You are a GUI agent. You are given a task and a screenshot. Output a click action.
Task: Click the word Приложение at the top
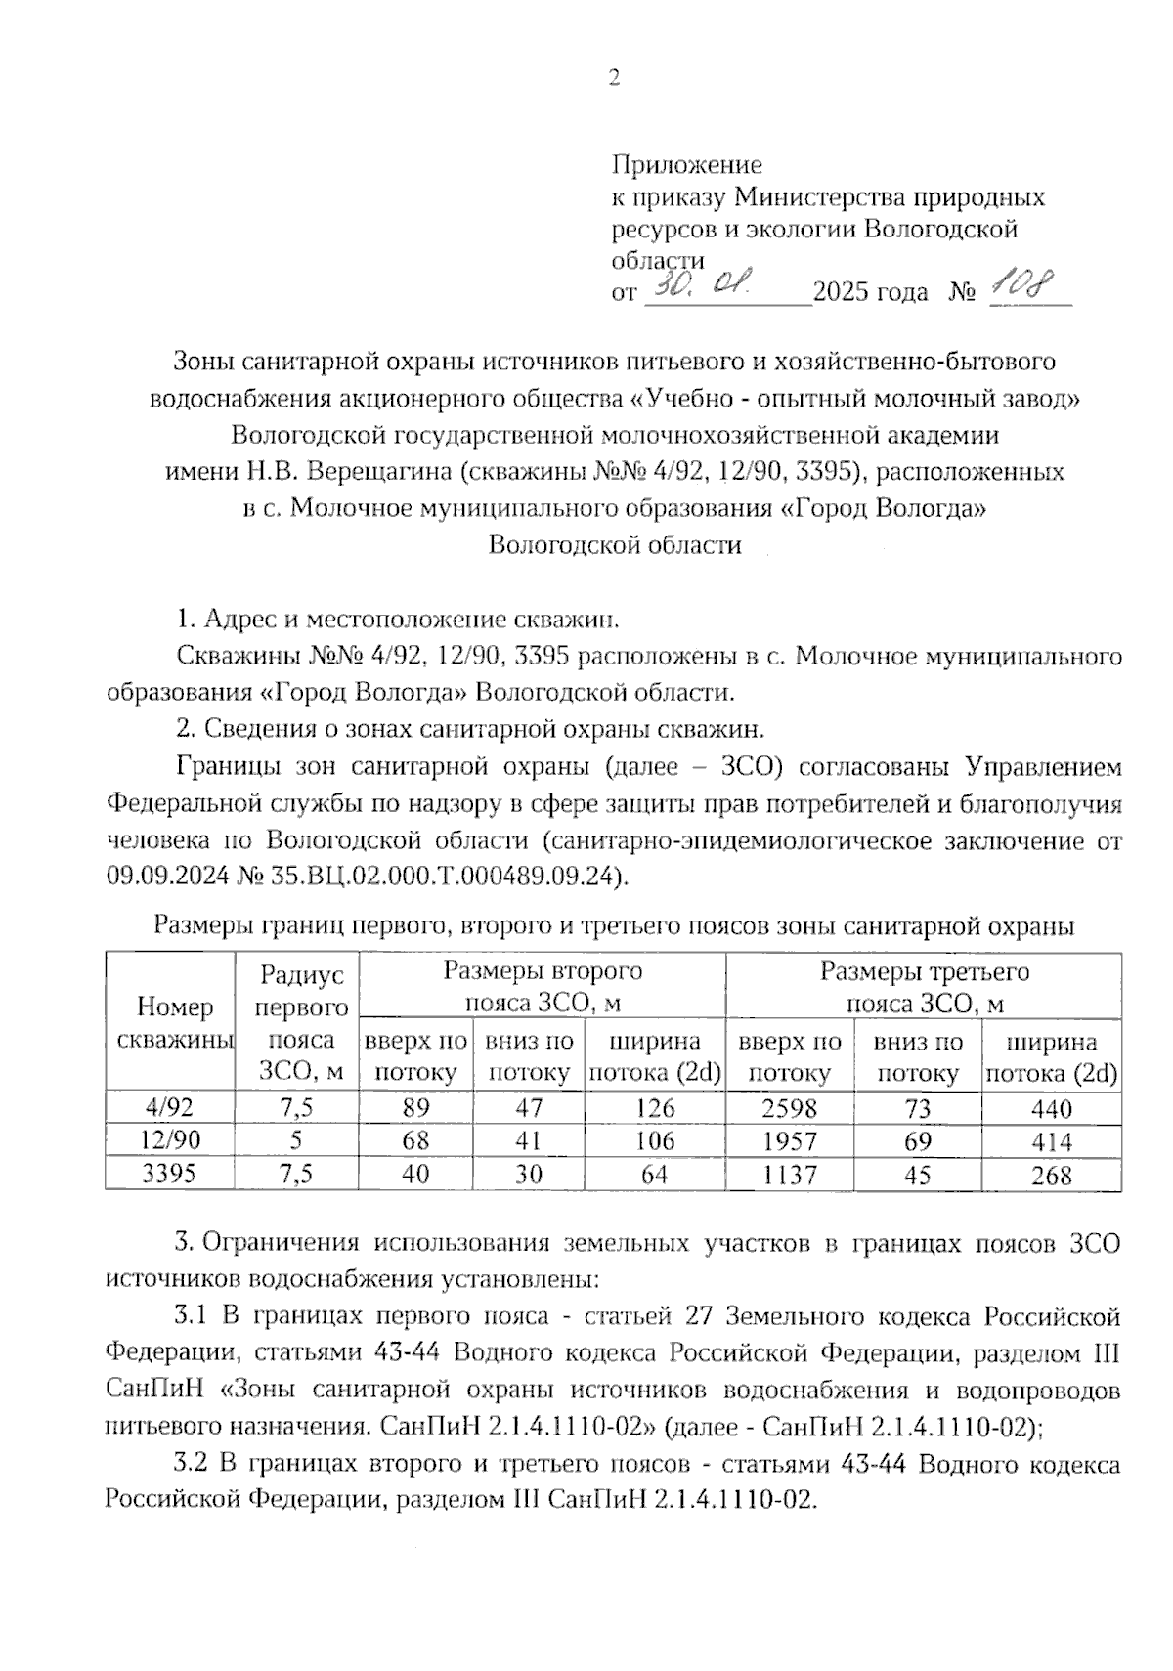pyautogui.click(x=686, y=164)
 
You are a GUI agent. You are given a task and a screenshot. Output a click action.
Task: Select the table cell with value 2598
pyautogui.click(x=789, y=1108)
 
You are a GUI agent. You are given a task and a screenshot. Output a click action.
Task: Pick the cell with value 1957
pyautogui.click(x=789, y=1141)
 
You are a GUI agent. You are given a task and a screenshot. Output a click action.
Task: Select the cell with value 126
pyautogui.click(x=654, y=1108)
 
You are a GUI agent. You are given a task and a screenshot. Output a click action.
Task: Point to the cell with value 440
pyautogui.click(x=1051, y=1109)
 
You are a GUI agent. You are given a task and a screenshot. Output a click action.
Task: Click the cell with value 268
pyautogui.click(x=1051, y=1176)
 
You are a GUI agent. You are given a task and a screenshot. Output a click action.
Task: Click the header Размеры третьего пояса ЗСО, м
pyautogui.click(x=924, y=987)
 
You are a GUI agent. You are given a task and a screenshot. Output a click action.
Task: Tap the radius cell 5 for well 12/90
pyautogui.click(x=295, y=1140)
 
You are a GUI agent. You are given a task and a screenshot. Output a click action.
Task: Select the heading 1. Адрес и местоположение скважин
pyautogui.click(x=398, y=620)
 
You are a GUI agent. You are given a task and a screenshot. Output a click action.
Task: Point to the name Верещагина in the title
pyautogui.click(x=378, y=472)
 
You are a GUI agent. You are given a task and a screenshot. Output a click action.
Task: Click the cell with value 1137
pyautogui.click(x=789, y=1175)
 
